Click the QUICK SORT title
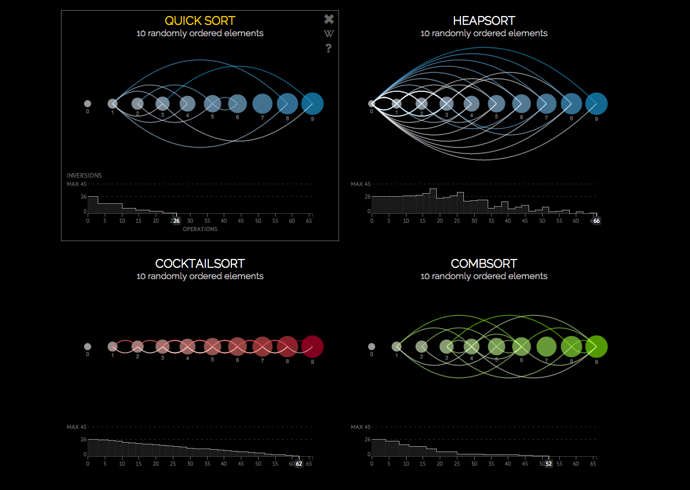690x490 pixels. point(200,21)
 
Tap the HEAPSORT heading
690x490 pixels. point(483,21)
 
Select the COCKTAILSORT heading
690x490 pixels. point(200,264)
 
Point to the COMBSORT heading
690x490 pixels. point(483,264)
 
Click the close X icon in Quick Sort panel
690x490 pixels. point(329,19)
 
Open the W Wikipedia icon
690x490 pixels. point(329,34)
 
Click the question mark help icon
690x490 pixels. point(329,49)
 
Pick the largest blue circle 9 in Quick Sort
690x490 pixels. point(312,104)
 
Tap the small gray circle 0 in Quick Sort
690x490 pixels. point(88,104)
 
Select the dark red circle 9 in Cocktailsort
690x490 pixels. point(312,347)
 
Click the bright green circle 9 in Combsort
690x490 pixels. point(597,347)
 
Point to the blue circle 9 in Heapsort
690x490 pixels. point(597,104)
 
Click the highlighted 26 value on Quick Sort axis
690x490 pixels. point(176,221)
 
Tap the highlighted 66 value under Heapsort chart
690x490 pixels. point(597,221)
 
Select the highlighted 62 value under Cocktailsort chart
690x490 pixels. point(299,464)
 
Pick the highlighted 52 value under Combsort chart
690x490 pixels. point(549,464)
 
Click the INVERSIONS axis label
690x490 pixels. point(84,175)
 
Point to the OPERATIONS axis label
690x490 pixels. point(200,229)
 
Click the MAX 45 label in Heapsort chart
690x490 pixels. point(360,184)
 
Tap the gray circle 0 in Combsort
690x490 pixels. point(372,347)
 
